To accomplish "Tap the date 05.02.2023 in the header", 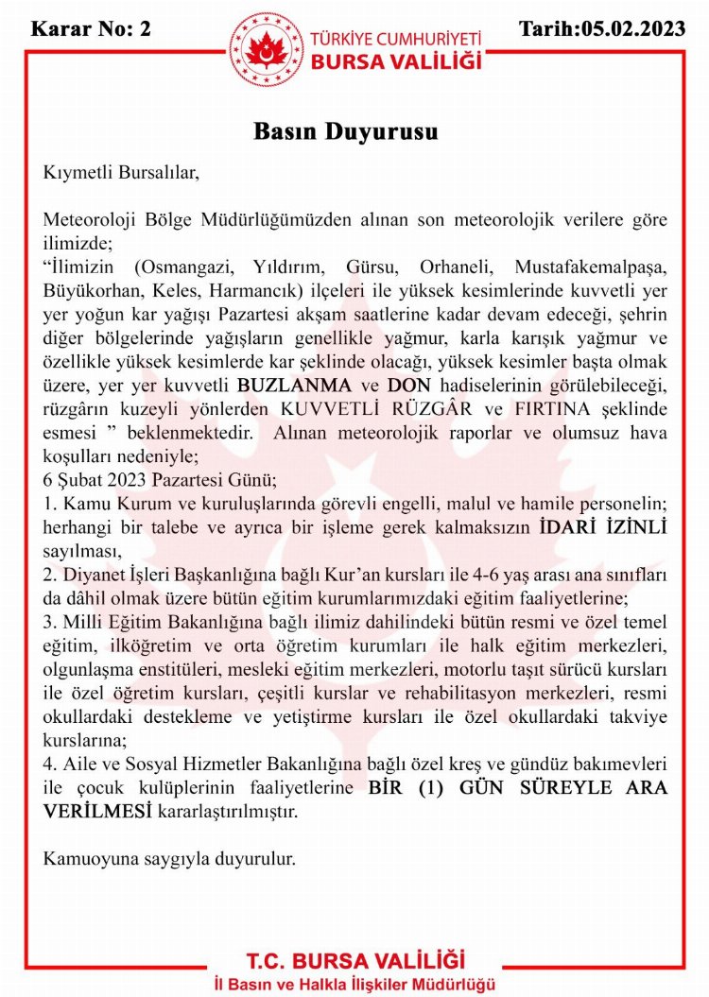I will pos(634,27).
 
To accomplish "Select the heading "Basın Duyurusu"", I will pos(345,131).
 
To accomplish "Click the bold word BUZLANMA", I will pos(294,385).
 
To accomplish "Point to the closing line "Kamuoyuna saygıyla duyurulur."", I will pos(170,859).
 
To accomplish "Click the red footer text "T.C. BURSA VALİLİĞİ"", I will pos(354,961).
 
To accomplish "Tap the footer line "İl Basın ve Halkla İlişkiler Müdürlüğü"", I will pos(354,985).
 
